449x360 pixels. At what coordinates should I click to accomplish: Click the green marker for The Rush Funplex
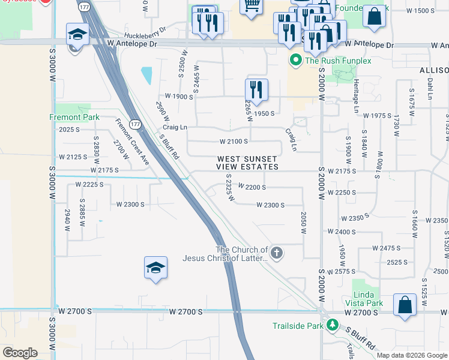click(x=295, y=61)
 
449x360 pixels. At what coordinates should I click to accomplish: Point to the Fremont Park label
click(x=74, y=117)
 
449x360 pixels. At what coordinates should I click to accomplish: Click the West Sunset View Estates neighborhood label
click(x=248, y=163)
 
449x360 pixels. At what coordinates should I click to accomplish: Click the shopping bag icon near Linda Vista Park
click(x=405, y=304)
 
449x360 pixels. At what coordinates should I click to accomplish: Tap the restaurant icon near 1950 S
click(x=256, y=89)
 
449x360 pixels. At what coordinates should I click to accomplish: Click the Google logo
click(x=20, y=352)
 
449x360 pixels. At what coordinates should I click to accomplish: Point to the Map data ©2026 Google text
click(x=411, y=355)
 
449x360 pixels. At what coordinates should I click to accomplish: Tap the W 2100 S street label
click(x=234, y=142)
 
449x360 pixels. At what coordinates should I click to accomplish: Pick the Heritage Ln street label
click(x=355, y=95)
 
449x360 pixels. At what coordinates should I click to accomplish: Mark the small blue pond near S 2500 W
click(x=146, y=76)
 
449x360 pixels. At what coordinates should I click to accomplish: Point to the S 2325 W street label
click(x=229, y=188)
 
